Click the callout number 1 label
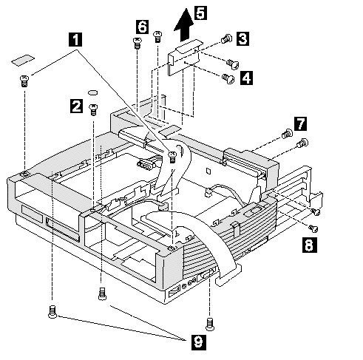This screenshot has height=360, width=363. (x=75, y=40)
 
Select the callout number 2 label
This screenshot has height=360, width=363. (x=76, y=106)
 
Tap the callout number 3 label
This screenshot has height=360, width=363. (x=242, y=38)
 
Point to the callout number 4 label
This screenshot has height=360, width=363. (x=246, y=78)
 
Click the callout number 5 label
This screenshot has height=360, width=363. (x=201, y=13)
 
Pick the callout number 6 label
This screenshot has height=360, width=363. (x=143, y=27)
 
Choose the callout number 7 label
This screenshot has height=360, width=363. (x=301, y=123)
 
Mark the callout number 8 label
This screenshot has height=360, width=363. (x=310, y=245)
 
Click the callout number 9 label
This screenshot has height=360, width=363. (x=199, y=342)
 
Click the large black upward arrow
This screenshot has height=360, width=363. (x=184, y=24)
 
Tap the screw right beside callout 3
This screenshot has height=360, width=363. (x=227, y=39)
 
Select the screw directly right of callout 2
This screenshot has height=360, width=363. (x=93, y=109)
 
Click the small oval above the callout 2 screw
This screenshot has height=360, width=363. (x=92, y=92)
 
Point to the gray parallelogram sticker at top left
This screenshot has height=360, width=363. (x=23, y=60)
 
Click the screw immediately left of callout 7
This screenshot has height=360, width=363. (x=287, y=134)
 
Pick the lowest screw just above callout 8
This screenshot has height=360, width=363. (x=313, y=228)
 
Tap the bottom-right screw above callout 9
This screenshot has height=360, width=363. (x=210, y=324)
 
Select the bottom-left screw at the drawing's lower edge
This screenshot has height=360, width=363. (x=52, y=312)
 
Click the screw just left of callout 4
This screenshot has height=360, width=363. (x=228, y=79)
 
